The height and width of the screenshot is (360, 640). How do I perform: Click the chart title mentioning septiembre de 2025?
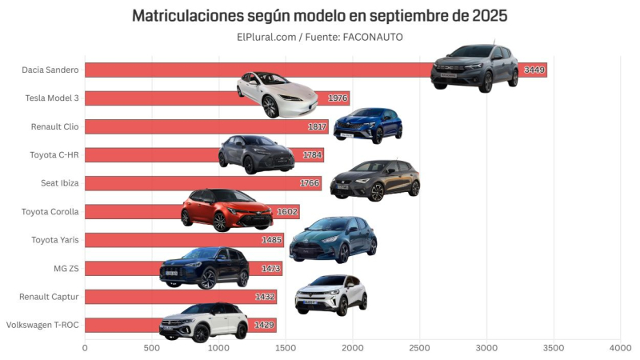pos(319,15)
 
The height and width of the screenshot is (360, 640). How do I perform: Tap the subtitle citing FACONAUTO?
pos(319,37)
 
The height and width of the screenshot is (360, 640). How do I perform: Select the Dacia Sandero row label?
pos(50,70)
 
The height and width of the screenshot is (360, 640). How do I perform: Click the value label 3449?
pos(534,70)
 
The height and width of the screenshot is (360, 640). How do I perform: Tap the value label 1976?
pos(337,98)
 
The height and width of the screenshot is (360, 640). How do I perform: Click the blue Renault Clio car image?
pos(368,124)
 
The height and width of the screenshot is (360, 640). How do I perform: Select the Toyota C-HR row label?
pos(54,155)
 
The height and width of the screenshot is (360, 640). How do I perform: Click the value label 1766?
pos(309,183)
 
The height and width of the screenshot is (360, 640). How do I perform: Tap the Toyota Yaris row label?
pos(55,240)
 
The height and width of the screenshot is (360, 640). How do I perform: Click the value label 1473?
pos(270,269)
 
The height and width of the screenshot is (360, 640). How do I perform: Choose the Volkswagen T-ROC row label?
pos(42,326)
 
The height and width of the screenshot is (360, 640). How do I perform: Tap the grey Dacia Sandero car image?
pos(474,67)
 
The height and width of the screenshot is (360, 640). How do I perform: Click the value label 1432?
pos(264,297)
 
